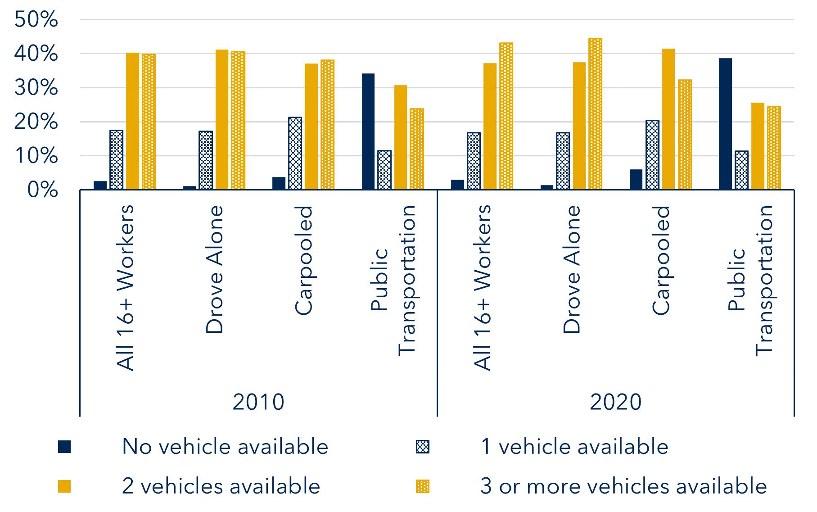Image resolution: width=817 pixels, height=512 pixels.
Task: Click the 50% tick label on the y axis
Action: coord(36,20)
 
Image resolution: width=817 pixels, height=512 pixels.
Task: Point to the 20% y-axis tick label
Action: coord(36,122)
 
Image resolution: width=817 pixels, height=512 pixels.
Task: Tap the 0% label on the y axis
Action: coord(42,190)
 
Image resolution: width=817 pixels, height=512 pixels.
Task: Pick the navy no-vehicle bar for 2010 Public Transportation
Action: coord(368,131)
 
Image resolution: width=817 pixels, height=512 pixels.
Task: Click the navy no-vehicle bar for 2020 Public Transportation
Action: coord(725,124)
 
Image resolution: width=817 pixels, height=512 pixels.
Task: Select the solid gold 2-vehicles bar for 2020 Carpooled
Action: coord(668,119)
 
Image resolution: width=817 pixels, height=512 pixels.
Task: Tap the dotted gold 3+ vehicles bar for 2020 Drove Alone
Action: coord(595,114)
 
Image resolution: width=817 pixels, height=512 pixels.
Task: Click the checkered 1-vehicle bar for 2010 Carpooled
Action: coord(295,153)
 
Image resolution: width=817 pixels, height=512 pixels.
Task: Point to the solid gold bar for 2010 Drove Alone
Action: coord(222,120)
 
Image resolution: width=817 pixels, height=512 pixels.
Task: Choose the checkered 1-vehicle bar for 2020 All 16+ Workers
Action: coord(474,161)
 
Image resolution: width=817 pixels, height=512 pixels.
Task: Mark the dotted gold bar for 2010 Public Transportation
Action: coord(417,149)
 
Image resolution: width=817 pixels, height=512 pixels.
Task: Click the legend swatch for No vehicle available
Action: coord(64,447)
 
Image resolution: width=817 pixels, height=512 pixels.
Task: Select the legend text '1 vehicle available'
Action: coord(574,447)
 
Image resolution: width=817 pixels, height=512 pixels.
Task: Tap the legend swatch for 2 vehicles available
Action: coord(64,487)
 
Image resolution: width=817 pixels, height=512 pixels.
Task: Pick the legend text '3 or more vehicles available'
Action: coord(623,486)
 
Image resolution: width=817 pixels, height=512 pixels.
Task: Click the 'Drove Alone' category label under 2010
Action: coord(214,269)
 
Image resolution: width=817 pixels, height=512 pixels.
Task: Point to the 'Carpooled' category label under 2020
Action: coord(661,260)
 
